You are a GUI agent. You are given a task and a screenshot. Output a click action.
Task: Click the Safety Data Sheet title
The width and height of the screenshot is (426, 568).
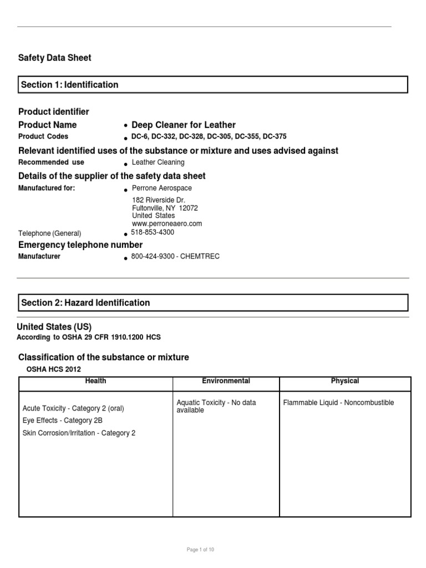54,58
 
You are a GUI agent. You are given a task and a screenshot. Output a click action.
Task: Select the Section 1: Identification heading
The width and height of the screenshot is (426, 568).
69,85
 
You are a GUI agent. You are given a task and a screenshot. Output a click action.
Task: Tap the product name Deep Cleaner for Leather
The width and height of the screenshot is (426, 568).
184,125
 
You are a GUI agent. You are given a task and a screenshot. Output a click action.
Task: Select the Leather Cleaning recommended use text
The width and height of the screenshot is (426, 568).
158,163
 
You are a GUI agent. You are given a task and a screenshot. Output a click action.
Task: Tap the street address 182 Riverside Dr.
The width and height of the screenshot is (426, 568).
158,200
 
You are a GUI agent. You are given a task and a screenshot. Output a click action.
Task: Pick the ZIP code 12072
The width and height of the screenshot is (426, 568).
188,208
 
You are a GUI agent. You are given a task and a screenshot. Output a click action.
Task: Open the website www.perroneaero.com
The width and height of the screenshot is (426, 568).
167,224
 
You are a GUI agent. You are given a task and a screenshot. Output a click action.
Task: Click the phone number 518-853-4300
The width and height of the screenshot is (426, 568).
153,232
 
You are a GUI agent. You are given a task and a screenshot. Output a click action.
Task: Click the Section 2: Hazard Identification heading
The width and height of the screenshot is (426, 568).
85,303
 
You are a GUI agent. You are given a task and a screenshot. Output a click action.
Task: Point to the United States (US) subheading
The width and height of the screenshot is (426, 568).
54,327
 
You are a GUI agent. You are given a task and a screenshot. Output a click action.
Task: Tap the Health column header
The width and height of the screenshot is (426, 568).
95,381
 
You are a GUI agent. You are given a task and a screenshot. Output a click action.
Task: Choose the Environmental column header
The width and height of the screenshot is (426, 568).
226,381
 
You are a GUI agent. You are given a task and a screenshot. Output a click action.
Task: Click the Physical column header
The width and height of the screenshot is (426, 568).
344,381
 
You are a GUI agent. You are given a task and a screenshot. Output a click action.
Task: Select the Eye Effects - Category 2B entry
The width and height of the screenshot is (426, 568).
62,420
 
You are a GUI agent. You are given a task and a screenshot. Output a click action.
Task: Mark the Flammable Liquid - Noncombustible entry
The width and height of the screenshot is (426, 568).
338,403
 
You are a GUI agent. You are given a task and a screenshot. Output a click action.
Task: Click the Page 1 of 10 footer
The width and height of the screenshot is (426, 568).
200,549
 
